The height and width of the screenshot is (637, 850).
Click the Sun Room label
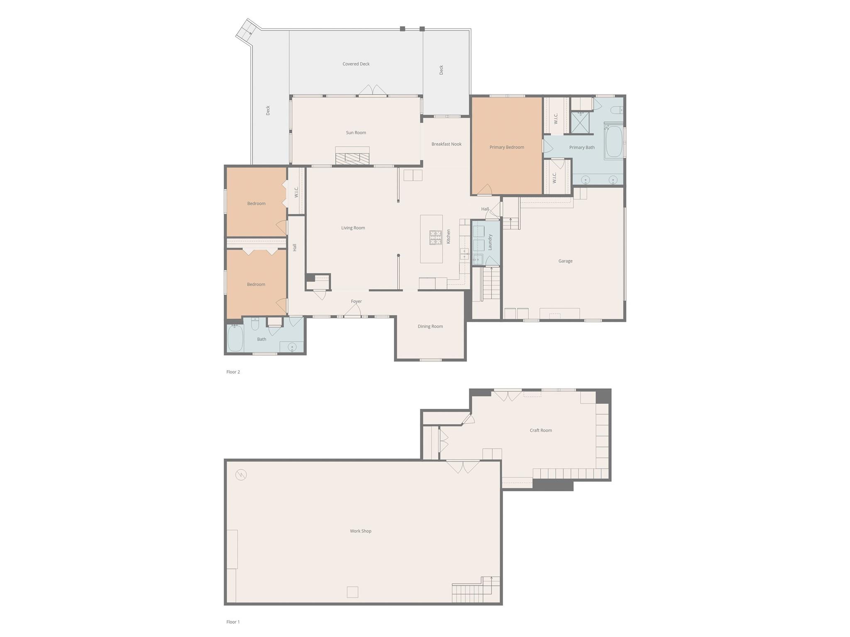(x=356, y=133)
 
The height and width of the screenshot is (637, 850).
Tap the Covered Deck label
(x=356, y=64)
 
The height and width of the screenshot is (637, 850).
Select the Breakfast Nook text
(x=446, y=144)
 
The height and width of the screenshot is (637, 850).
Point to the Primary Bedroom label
(x=506, y=147)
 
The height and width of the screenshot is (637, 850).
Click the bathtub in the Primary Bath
(x=614, y=142)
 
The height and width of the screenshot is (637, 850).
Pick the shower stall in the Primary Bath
(x=580, y=123)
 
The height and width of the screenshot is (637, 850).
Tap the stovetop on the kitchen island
(x=435, y=237)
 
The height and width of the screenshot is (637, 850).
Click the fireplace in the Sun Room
(x=352, y=158)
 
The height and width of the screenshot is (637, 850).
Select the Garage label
(x=565, y=261)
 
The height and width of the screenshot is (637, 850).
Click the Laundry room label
(x=490, y=242)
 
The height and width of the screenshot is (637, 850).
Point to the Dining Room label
(x=430, y=327)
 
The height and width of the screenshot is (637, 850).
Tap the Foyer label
(x=356, y=302)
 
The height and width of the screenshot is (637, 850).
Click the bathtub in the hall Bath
(x=235, y=338)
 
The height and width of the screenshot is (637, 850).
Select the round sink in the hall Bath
(x=292, y=347)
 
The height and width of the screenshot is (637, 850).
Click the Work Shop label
(x=360, y=531)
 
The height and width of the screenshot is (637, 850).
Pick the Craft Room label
(x=540, y=430)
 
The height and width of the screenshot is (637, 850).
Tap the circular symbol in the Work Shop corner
(x=241, y=475)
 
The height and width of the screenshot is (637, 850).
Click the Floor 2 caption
(x=233, y=372)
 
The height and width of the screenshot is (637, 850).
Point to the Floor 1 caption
(x=233, y=622)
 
